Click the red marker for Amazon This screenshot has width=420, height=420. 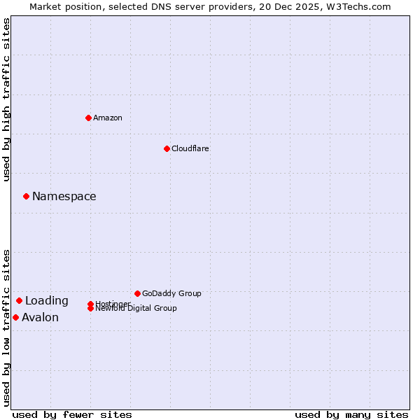[x=88, y=118]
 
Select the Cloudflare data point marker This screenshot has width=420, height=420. [x=167, y=148]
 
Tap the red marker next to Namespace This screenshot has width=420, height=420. [x=26, y=197]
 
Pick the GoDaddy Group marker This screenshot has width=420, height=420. [x=137, y=293]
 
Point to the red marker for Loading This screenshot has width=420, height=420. [x=19, y=301]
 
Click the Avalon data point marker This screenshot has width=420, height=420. [x=15, y=318]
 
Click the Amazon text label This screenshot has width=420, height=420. [x=108, y=118]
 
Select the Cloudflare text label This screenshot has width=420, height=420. [x=190, y=148]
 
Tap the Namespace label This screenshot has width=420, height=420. [x=64, y=197]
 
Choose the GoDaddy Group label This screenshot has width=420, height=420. [x=171, y=293]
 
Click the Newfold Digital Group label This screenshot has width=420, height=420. [x=136, y=309]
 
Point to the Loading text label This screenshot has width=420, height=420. [x=47, y=301]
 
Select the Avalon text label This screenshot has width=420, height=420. [x=41, y=318]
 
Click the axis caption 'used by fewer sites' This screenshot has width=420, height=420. [x=72, y=414]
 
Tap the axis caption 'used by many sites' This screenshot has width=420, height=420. [x=351, y=414]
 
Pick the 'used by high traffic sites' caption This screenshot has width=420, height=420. [x=6, y=100]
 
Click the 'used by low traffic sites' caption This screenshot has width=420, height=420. [x=6, y=328]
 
